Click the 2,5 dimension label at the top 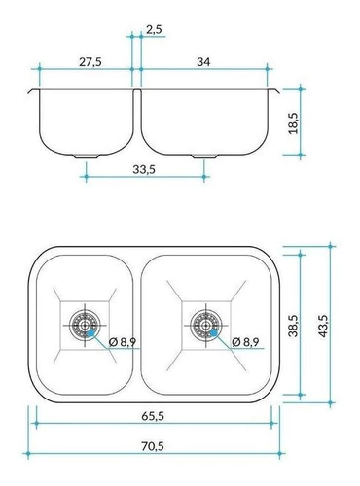click(x=154, y=29)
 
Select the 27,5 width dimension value click(x=90, y=62)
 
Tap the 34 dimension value click(x=203, y=61)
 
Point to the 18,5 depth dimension click(x=294, y=123)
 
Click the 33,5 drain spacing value click(x=144, y=169)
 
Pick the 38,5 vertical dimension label click(x=294, y=326)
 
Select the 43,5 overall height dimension click(x=324, y=326)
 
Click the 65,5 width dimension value click(x=153, y=416)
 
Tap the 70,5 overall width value click(x=153, y=446)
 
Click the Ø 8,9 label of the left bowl click(x=123, y=342)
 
